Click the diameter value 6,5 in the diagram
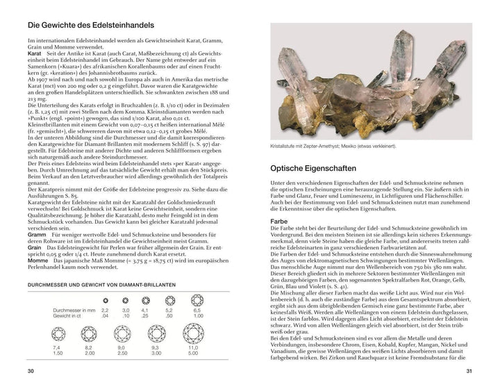(x=198, y=310)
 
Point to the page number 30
(x=30, y=372)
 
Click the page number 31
(x=469, y=372)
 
